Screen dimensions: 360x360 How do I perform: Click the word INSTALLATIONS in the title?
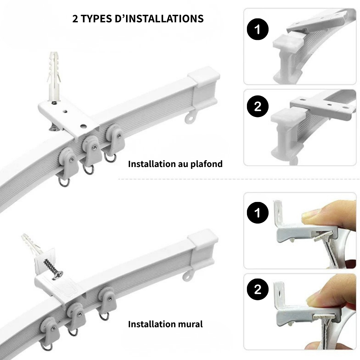165,19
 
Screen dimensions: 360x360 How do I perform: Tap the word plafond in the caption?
206,164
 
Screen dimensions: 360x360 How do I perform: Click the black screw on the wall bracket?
53,269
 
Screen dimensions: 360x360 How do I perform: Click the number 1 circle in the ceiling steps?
258,29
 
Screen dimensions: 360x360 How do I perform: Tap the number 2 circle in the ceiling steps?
258,106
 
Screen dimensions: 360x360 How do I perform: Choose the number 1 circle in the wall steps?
258,213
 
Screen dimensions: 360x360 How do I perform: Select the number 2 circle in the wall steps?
258,289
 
